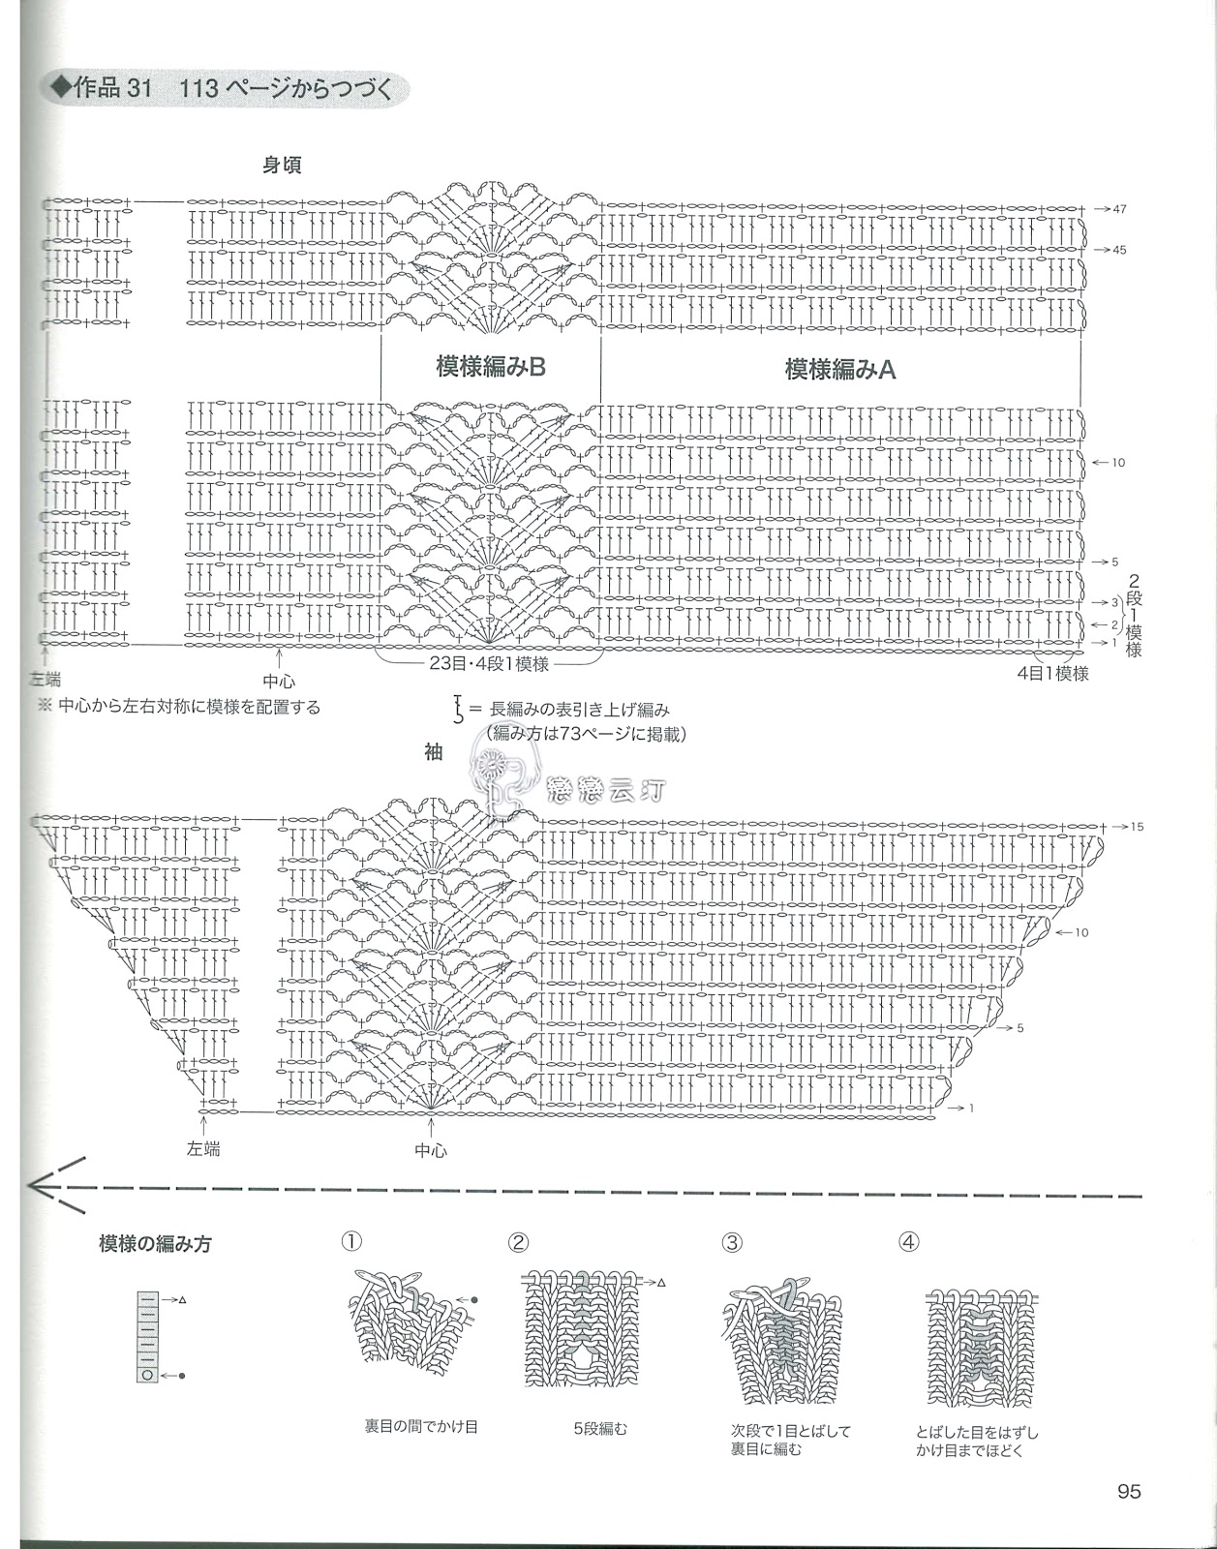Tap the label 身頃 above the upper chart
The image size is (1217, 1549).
[x=283, y=166]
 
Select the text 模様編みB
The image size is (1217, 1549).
[x=491, y=367]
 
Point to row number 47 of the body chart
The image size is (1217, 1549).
[x=1119, y=209]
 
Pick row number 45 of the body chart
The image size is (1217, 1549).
[x=1119, y=250]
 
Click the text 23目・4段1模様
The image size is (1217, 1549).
[x=489, y=664]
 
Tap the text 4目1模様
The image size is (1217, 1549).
[x=1053, y=673]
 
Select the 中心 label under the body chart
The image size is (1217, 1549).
[x=279, y=681]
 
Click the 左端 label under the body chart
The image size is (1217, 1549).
[x=45, y=681]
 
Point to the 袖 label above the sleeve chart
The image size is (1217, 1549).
[x=433, y=752]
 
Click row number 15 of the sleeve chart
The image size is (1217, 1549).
[x=1136, y=827]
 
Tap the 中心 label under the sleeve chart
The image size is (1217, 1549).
[x=431, y=1151]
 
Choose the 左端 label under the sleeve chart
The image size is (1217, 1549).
[x=203, y=1149]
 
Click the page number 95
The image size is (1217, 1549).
[x=1129, y=1492]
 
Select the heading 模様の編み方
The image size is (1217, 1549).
[x=155, y=1244]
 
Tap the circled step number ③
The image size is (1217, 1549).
[x=732, y=1242]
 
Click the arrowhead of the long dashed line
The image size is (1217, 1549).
[x=37, y=1184]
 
